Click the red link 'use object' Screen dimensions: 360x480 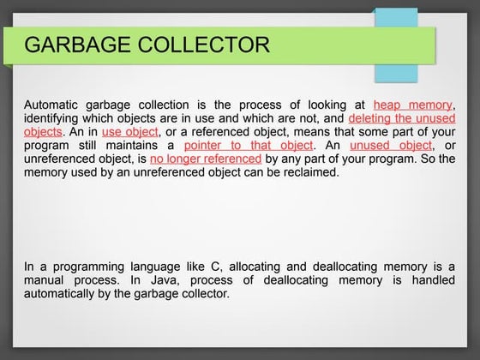129,131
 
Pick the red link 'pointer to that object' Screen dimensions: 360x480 249,145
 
